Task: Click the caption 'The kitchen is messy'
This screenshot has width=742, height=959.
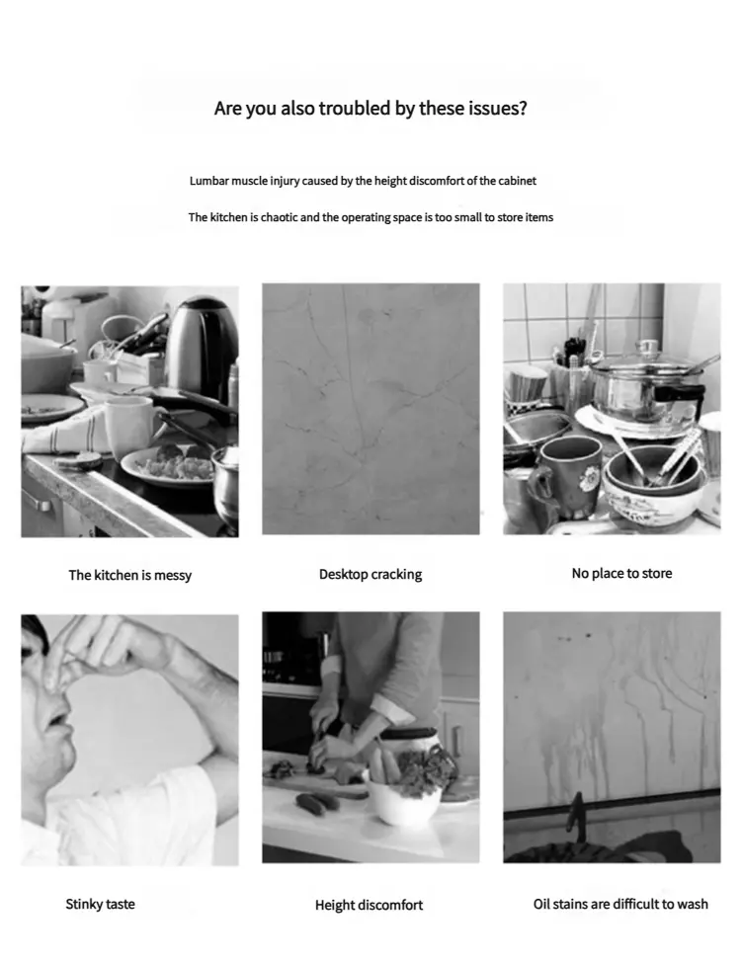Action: coord(130,575)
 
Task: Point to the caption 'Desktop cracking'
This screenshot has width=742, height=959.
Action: coord(371,574)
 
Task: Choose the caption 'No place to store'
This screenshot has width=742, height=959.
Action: coord(621,573)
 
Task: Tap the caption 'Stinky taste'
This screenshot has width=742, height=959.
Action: coord(101,904)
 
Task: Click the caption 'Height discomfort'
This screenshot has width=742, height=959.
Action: coord(369,905)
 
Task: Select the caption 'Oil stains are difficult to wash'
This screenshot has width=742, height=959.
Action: coord(620,904)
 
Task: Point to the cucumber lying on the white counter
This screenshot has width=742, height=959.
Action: coord(317,802)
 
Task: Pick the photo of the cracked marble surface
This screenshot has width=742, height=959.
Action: coord(371,409)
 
